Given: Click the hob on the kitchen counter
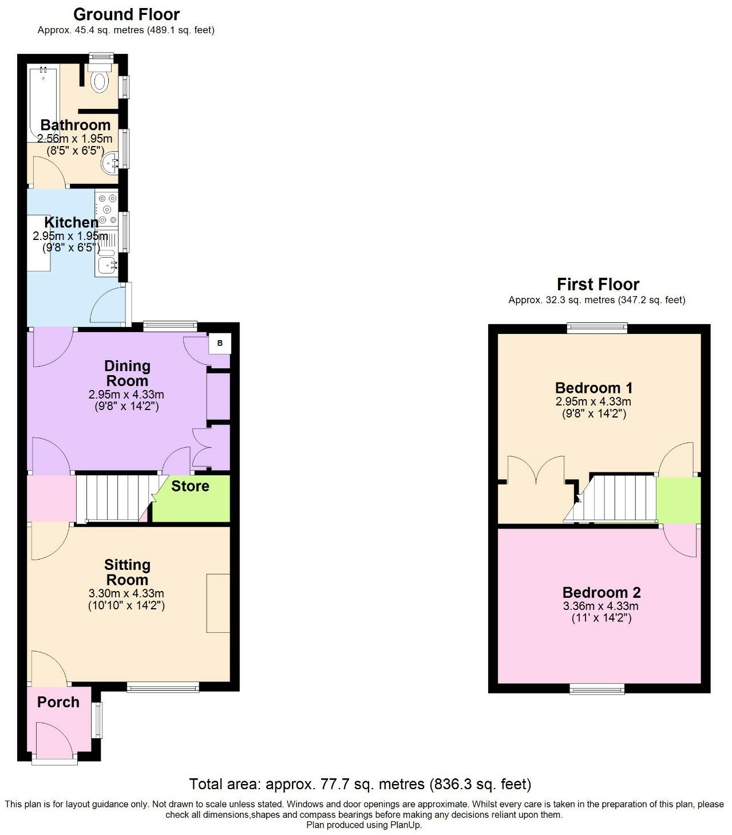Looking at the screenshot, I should click(106, 210).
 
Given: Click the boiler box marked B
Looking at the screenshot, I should click(220, 344).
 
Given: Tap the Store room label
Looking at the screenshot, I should click(190, 486).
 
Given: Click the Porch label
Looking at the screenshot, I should click(58, 702).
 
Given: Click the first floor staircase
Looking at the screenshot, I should click(618, 498).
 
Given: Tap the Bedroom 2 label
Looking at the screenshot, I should click(601, 593).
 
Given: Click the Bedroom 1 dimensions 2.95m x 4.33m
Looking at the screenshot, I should click(593, 401).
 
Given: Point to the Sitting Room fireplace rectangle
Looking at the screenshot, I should click(218, 603).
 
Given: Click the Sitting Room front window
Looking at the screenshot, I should click(163, 687).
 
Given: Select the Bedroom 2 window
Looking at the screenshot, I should click(598, 689).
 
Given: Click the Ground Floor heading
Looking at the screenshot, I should click(126, 14).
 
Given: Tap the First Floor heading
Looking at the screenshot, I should click(598, 284).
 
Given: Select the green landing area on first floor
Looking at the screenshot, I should click(678, 499).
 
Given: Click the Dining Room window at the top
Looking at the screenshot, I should click(170, 327).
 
